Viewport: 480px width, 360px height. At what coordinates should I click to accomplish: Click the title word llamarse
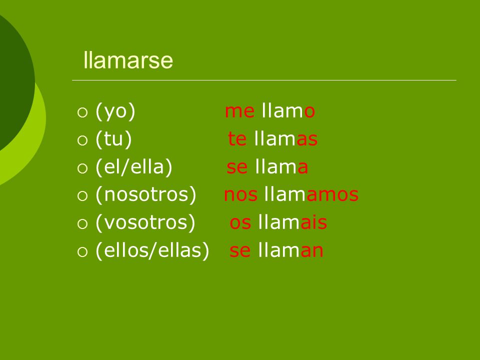[x=128, y=60]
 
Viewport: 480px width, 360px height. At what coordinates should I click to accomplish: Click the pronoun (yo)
[x=115, y=111]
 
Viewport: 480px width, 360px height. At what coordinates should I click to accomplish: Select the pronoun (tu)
[x=113, y=139]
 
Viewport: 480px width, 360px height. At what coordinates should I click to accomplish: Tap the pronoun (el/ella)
[x=134, y=167]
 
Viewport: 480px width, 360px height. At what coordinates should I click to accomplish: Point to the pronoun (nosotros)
[x=145, y=194]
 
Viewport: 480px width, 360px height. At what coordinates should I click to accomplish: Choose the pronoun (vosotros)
[x=145, y=222]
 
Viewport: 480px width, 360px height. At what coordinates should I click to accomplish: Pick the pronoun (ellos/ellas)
[x=152, y=250]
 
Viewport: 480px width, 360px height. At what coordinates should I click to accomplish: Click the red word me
[x=239, y=111]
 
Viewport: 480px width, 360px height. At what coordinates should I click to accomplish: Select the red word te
[x=237, y=139]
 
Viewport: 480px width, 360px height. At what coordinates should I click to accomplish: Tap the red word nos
[x=240, y=195]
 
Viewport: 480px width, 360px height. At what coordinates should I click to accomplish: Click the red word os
[x=240, y=223]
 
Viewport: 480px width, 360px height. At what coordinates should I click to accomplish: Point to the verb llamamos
[x=311, y=194]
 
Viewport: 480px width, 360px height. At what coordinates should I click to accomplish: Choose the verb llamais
[x=292, y=222]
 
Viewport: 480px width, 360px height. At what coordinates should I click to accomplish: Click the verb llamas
[x=286, y=138]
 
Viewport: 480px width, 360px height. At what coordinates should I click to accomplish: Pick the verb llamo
[x=288, y=110]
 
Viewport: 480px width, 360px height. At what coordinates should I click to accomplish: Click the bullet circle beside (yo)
[x=82, y=112]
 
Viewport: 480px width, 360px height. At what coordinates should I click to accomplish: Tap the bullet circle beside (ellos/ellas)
[x=82, y=252]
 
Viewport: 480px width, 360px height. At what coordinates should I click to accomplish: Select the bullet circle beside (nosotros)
[x=82, y=196]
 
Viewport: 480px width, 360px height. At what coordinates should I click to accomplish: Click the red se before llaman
[x=240, y=250]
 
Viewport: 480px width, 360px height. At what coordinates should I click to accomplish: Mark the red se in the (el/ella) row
[x=237, y=167]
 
